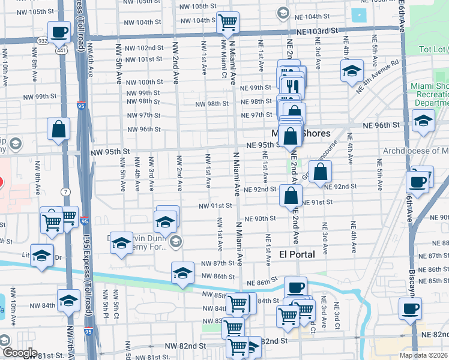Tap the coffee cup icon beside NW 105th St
(59, 32)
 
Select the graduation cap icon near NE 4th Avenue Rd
(352, 71)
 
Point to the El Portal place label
(297, 254)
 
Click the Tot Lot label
(432, 49)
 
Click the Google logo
(19, 353)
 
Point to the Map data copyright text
(423, 355)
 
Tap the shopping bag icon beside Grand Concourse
(321, 171)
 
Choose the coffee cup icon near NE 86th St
(295, 287)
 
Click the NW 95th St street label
(110, 151)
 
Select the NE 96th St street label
(381, 125)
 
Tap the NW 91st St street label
(215, 206)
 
